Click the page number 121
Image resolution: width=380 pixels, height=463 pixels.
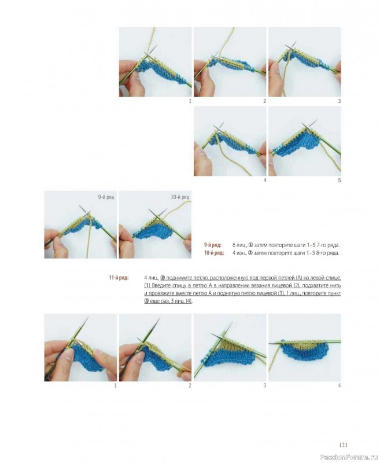(344, 444)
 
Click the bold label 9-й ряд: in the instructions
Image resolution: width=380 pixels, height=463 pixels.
(213, 245)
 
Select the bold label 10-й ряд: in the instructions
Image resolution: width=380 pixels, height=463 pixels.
(214, 253)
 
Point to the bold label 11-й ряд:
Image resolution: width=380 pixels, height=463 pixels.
(119, 278)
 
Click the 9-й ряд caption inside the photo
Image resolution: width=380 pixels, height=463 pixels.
(106, 197)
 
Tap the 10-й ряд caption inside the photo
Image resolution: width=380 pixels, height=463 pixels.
(180, 197)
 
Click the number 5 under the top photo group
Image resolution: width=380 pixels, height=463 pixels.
(340, 180)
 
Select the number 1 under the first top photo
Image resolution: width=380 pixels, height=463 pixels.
(190, 101)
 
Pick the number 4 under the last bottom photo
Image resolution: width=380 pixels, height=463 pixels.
(340, 385)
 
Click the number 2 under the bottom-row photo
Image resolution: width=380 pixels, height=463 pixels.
(190, 385)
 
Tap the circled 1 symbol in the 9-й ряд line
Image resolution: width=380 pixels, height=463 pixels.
(250, 245)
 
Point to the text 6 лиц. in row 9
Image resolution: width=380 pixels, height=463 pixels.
(239, 245)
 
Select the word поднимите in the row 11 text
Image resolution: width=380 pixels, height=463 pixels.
(177, 278)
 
